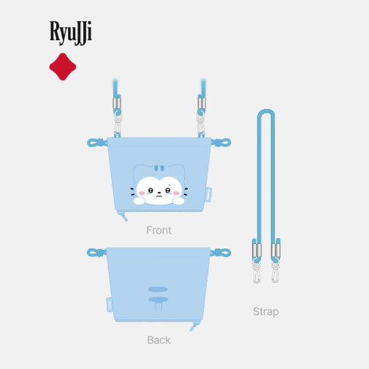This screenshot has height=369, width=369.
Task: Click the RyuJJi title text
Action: coord(71,33)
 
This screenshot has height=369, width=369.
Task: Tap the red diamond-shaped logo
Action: coord(63,66)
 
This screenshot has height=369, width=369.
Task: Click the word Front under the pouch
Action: coord(159,230)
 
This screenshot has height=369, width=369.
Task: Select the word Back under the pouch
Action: coord(159,340)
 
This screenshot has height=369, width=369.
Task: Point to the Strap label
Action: coord(266,312)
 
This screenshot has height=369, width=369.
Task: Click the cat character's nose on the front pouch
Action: coord(159,192)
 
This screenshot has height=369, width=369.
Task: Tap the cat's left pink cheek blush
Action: coord(142,194)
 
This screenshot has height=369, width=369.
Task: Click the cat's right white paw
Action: coord(178,201)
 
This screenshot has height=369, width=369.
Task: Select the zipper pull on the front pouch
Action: coord(123,216)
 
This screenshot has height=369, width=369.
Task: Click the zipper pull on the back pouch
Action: coord(194,326)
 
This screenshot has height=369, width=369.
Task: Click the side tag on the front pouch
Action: coord(208,194)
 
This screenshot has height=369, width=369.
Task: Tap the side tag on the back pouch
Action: coord(110,305)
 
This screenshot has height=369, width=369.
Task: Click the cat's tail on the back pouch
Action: coord(159,304)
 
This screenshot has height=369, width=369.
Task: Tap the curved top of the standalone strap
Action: coord(266,111)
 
